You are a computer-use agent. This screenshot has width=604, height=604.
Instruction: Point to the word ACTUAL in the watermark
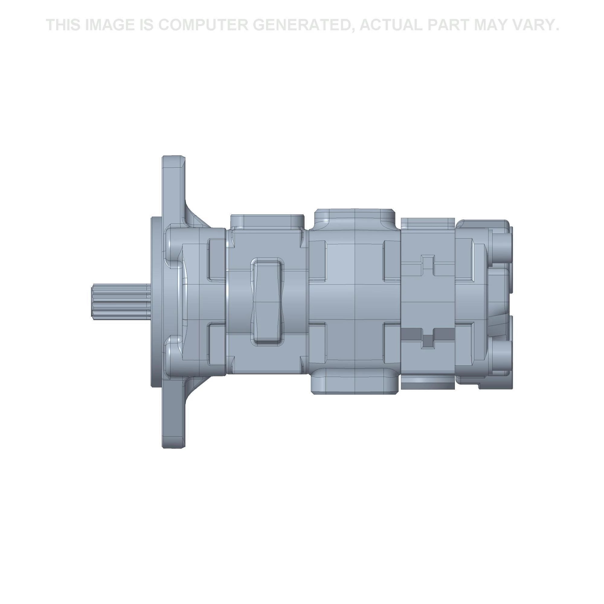coord(392,25)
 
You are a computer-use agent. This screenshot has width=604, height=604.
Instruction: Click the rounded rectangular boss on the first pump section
coord(268,301)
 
